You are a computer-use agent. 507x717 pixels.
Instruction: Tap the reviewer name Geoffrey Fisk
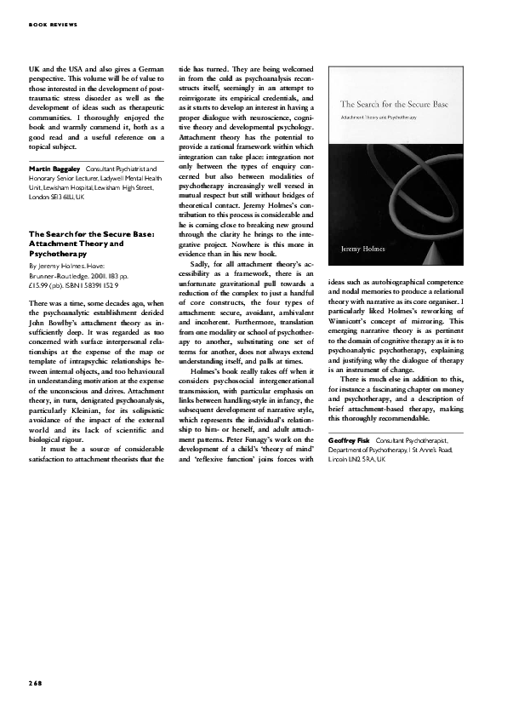pos(348,439)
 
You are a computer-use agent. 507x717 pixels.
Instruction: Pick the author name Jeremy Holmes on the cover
pos(362,249)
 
